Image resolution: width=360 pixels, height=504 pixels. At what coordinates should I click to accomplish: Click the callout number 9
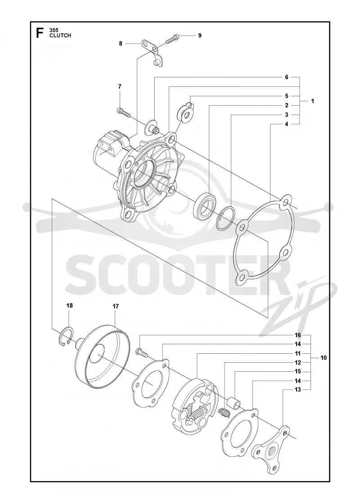coord(200,36)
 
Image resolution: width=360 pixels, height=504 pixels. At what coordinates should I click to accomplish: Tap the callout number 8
coord(121,43)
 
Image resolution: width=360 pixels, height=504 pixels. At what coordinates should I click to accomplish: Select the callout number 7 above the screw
coord(120,86)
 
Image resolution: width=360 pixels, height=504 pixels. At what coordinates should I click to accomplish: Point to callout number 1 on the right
coord(313,101)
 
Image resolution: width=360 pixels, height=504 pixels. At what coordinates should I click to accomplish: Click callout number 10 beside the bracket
coord(324,357)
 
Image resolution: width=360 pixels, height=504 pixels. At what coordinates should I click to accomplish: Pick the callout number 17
coord(116,306)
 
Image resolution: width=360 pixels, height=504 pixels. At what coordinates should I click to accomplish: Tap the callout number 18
coord(69,306)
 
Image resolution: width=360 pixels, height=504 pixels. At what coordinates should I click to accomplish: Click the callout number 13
coord(297,390)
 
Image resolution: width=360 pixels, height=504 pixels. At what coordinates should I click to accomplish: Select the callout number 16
coord(297,335)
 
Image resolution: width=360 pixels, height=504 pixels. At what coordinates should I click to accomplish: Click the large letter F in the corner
coord(40,33)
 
